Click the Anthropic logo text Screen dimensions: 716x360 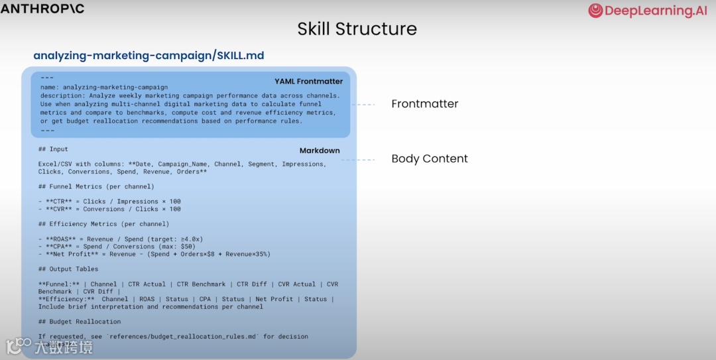[42, 9]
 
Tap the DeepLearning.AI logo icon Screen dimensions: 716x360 [595, 11]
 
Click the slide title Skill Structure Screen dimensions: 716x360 [357, 29]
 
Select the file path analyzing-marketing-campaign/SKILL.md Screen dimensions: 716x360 [149, 56]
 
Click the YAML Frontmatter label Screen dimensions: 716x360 [308, 82]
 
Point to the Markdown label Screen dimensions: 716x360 [319, 150]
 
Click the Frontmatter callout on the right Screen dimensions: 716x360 [424, 104]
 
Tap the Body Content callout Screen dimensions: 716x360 [429, 159]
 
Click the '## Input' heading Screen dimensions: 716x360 [53, 149]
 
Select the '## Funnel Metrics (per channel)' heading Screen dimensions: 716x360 [96, 186]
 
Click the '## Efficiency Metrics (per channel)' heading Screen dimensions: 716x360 [103, 224]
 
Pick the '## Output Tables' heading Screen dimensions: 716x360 [68, 269]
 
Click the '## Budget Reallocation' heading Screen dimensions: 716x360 [80, 322]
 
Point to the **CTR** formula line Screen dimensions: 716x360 [110, 202]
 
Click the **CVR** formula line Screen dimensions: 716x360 [110, 209]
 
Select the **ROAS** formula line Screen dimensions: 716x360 [121, 239]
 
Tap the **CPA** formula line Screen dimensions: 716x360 [117, 247]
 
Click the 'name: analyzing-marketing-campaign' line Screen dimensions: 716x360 [104, 87]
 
